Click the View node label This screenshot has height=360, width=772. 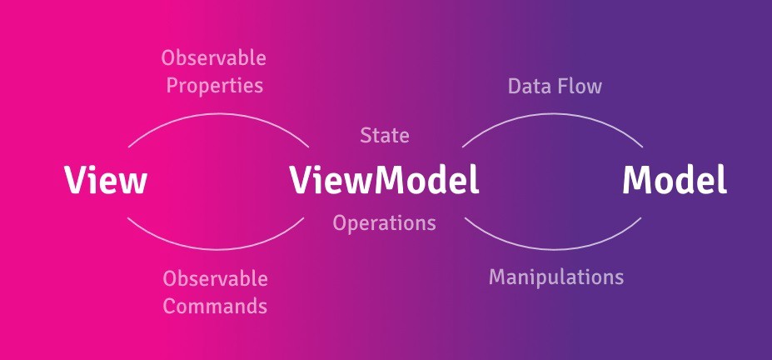tap(106, 180)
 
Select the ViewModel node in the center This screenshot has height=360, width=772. tap(385, 180)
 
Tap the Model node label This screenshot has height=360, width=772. tap(675, 180)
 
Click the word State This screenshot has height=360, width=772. tap(384, 135)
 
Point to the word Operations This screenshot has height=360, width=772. tap(384, 223)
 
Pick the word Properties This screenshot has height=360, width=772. tap(215, 86)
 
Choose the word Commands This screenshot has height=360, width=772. tap(215, 306)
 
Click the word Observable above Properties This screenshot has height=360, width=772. tap(214, 58)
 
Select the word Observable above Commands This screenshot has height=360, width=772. tap(215, 278)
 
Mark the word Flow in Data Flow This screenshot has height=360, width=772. tap(581, 86)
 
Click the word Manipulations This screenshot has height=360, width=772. tap(555, 277)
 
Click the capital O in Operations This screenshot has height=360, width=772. tap(341, 223)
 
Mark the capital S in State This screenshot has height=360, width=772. tap(366, 135)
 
